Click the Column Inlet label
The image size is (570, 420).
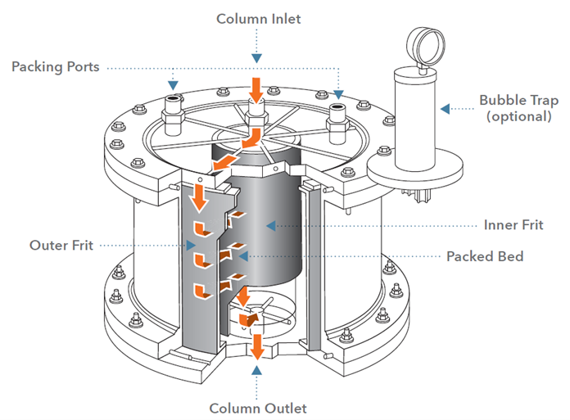pos(259,19)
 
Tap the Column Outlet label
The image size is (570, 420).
pos(258,409)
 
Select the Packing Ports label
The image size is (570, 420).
pos(55,67)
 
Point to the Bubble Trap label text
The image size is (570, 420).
pos(518,100)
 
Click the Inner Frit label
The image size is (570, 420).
pos(513,225)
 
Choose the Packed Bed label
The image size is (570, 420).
pos(485,256)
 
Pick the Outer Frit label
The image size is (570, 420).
pos(61,246)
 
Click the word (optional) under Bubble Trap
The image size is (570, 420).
pos(518,116)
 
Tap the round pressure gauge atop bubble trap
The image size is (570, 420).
pos(425,47)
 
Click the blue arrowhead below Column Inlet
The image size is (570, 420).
pos(256,58)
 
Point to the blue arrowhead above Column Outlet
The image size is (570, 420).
pos(256,370)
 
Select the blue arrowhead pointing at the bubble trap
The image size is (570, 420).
pos(445,109)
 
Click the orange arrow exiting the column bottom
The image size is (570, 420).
pos(257,346)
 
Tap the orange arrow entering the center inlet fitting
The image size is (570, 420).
pos(256,90)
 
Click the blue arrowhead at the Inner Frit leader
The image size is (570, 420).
pos(271,226)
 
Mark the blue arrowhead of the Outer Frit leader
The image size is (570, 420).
pos(191,246)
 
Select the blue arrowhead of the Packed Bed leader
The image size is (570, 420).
pos(243,256)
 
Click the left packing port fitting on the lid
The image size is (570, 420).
pos(173,115)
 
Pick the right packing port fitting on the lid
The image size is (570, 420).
pos(337,123)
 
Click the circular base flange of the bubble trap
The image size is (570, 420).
pos(414,169)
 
